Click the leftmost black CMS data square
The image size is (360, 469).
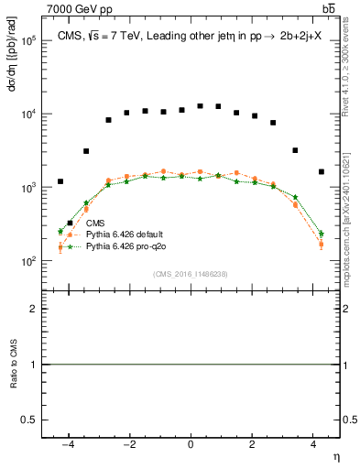click(x=60, y=181)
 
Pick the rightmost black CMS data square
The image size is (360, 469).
click(x=321, y=171)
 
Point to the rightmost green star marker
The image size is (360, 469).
click(x=321, y=234)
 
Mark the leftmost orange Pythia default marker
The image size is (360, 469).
click(x=60, y=247)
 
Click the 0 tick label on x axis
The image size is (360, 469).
click(x=191, y=444)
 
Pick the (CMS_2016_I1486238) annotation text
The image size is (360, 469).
click(x=190, y=274)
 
